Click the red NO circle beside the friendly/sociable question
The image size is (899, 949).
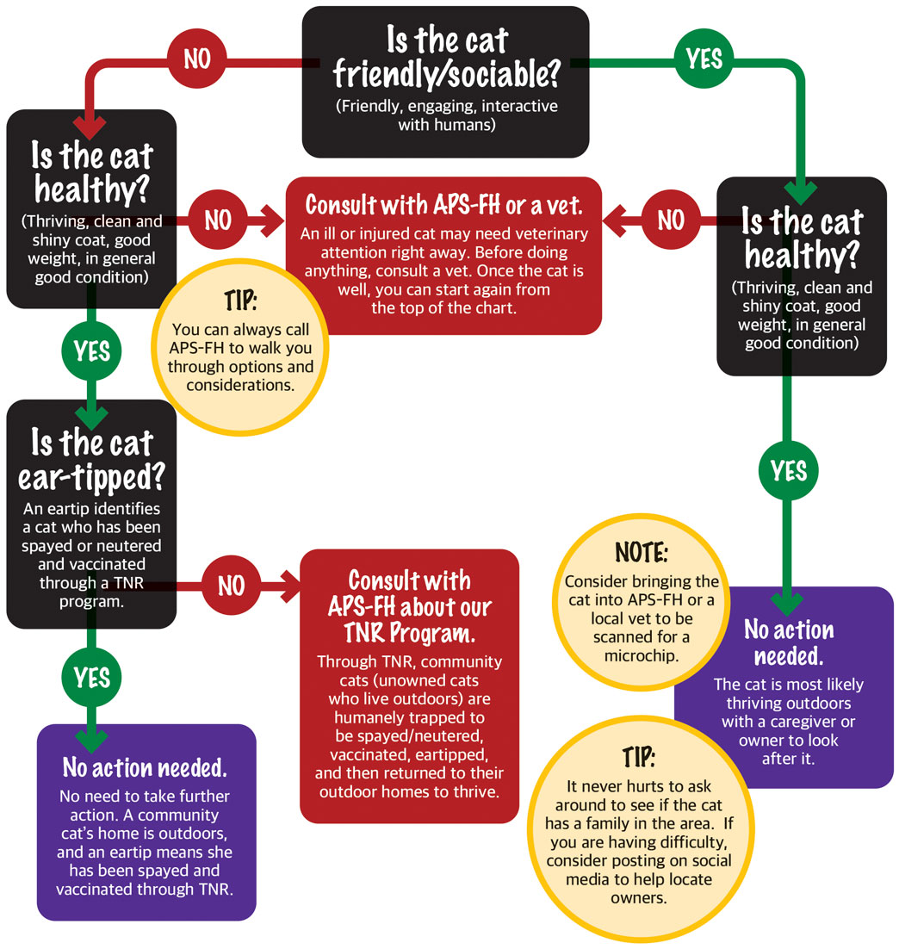coord(196,59)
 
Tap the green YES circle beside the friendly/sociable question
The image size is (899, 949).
coord(704,59)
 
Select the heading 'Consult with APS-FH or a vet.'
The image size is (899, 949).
coord(443,205)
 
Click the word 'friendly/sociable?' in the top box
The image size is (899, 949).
coord(446,75)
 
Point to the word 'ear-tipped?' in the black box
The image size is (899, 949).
coord(91,477)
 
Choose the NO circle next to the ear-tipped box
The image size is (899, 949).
coord(232,586)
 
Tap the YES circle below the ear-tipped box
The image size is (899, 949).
coord(91,677)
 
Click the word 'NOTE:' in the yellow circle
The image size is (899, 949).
coord(642,553)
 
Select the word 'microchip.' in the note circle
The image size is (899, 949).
coord(642,655)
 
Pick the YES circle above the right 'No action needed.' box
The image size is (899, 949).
coord(788,470)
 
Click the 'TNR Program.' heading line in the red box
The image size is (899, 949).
coord(409,633)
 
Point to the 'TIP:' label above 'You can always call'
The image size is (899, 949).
coord(240,301)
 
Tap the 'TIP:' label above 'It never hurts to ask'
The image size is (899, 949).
coord(639,757)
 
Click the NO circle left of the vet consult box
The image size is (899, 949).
coord(218,220)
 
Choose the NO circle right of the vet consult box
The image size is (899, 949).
coord(671,220)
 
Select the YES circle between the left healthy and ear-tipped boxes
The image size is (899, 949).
coord(91,351)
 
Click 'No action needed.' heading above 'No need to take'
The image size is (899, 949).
coord(145,767)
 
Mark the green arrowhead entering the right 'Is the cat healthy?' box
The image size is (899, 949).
coord(800,193)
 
